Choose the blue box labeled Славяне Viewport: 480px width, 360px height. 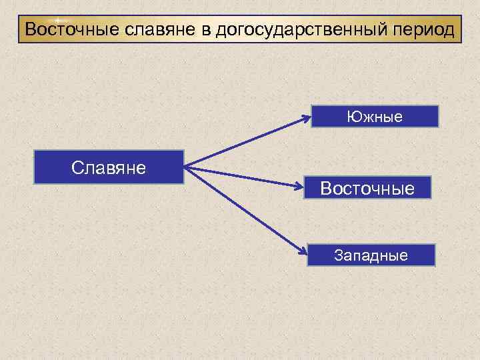tap(109, 167)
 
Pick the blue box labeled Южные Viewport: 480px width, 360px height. tap(374, 117)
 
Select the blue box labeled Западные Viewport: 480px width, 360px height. tap(371, 255)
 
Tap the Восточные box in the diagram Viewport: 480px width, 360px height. tap(368, 188)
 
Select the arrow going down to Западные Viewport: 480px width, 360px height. tap(247, 210)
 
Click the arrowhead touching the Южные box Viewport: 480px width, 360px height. tap(306, 119)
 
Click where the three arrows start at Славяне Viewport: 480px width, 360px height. tap(186, 167)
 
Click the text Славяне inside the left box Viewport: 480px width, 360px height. tap(109, 167)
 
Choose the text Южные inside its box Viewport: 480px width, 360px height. tap(374, 117)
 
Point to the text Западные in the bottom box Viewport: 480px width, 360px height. tap(371, 255)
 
